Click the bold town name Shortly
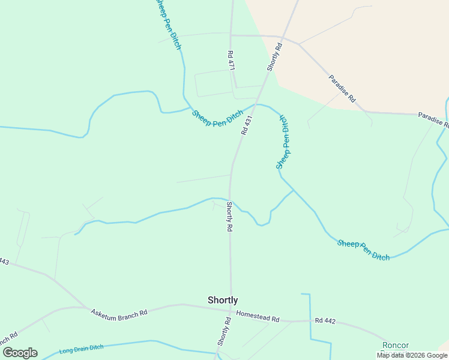click(x=223, y=300)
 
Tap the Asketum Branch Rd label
click(x=119, y=313)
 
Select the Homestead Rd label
click(x=258, y=316)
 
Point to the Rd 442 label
click(x=325, y=320)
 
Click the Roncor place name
click(x=396, y=345)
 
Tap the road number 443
click(x=4, y=262)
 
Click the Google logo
click(x=20, y=353)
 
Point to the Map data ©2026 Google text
click(x=412, y=355)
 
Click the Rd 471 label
click(x=231, y=61)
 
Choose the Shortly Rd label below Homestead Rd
click(x=223, y=331)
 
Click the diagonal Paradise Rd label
click(x=342, y=88)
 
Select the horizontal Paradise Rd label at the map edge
click(x=433, y=119)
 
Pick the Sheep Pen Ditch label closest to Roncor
click(x=363, y=250)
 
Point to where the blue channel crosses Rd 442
click(x=310, y=321)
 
